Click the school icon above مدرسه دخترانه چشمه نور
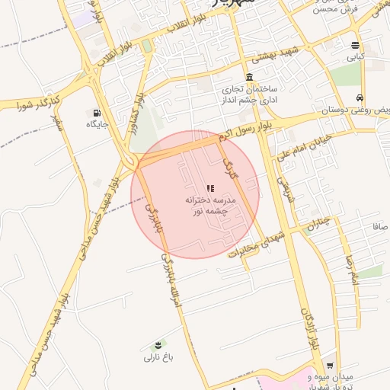210,187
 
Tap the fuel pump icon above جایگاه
97,111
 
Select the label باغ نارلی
160,356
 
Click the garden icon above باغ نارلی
158,344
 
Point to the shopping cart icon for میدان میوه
329,365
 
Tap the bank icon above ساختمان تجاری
251,77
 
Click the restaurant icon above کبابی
356,45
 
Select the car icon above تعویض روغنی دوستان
359,98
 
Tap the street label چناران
321,223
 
